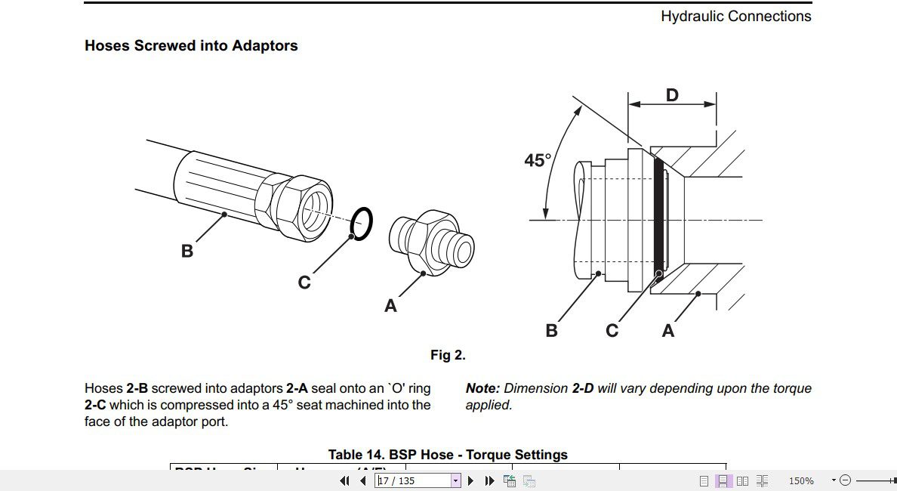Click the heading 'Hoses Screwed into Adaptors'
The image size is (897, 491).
tap(191, 45)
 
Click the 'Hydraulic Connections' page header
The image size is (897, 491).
tap(735, 16)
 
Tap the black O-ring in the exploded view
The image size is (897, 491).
tap(362, 224)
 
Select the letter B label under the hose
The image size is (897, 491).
tap(187, 251)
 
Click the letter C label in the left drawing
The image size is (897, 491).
tap(304, 283)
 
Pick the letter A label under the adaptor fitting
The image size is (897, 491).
tap(390, 306)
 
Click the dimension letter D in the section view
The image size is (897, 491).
tap(672, 95)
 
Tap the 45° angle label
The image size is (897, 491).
tap(538, 161)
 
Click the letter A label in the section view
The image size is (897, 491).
tap(667, 331)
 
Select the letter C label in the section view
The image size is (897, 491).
tap(612, 331)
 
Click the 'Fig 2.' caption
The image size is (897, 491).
tap(448, 355)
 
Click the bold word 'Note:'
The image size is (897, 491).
tap(482, 388)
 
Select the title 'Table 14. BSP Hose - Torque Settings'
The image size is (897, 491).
tap(448, 455)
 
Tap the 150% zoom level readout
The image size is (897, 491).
tap(801, 480)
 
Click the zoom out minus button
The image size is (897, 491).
tap(846, 480)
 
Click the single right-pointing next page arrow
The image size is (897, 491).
tap(471, 480)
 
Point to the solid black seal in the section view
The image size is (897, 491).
tap(658, 219)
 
